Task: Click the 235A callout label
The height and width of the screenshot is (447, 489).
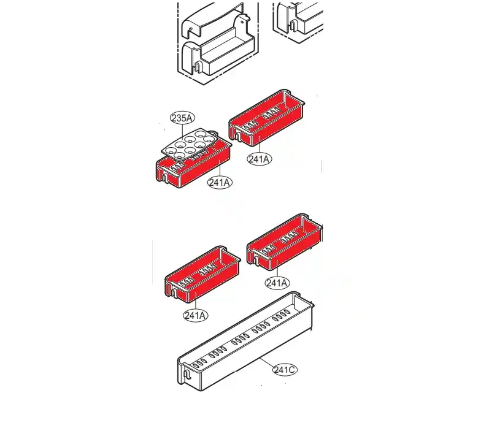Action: click(183, 118)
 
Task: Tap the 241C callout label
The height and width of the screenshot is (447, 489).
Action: click(285, 370)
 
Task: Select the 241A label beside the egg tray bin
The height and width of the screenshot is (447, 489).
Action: click(220, 182)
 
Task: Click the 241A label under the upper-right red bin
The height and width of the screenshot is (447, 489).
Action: click(260, 159)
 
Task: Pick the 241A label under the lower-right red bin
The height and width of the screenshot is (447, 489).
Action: click(277, 283)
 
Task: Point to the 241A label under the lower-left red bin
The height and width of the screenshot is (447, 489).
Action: click(196, 315)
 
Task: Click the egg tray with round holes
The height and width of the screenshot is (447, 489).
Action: click(190, 145)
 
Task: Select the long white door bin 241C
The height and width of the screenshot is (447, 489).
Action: click(246, 342)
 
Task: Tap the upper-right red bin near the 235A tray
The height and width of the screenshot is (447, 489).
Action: click(267, 118)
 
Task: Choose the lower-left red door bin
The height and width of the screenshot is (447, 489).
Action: click(202, 274)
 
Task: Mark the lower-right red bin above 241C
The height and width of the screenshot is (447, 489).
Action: click(285, 242)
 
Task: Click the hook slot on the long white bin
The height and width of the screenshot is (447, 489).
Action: click(187, 375)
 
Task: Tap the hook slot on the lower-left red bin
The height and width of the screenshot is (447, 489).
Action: click(174, 293)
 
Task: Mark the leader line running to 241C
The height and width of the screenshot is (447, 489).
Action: click(267, 364)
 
